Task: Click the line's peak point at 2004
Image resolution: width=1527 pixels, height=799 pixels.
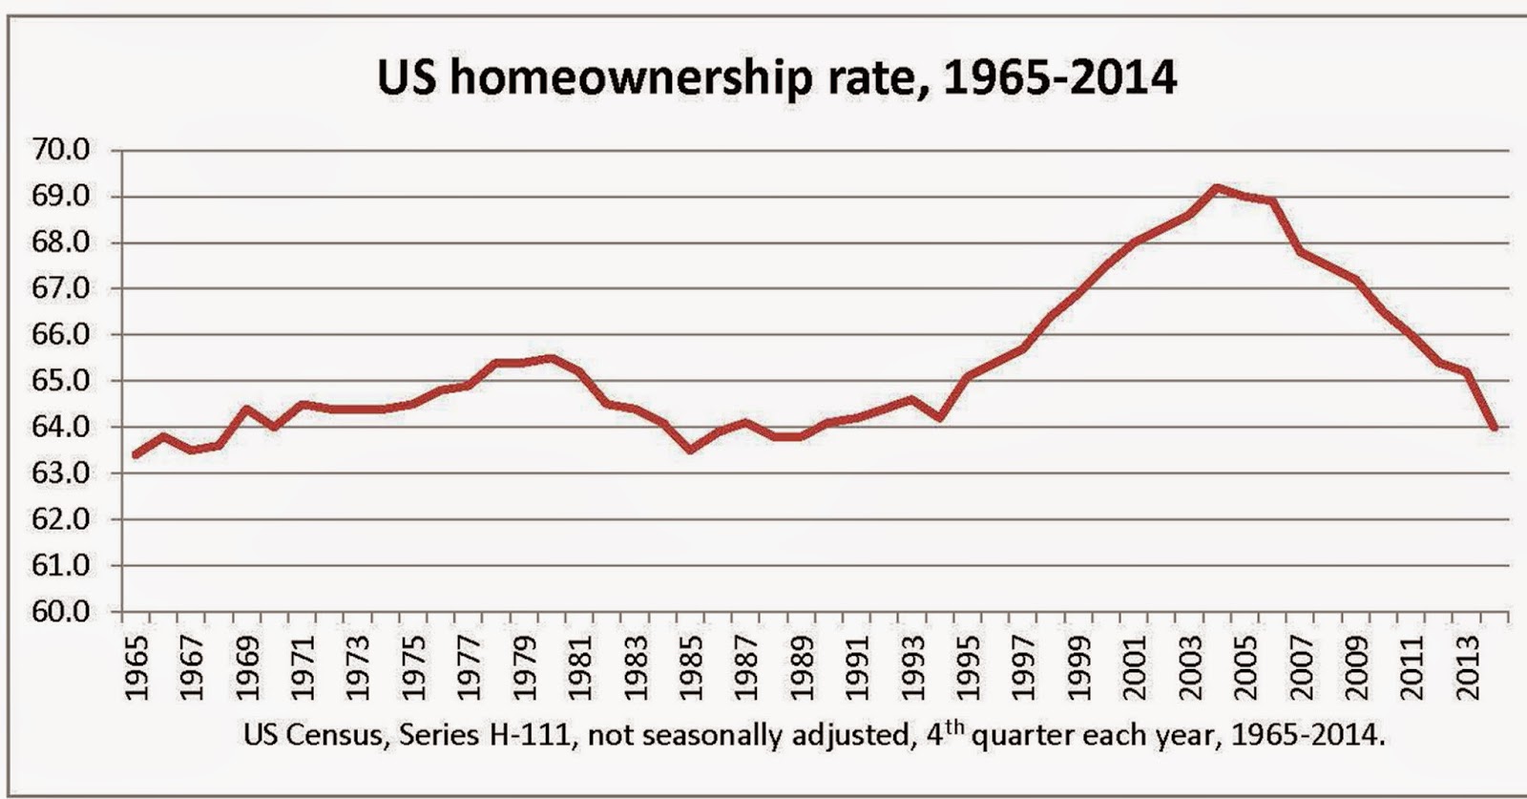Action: point(1215,187)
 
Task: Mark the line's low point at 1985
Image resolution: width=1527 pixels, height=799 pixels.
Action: point(690,450)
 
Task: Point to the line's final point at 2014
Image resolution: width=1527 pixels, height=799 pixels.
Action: point(1494,428)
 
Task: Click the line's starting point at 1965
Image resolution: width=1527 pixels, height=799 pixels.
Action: point(136,455)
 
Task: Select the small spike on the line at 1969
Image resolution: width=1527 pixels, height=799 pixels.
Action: point(246,409)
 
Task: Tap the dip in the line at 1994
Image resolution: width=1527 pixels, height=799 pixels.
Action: point(939,418)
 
